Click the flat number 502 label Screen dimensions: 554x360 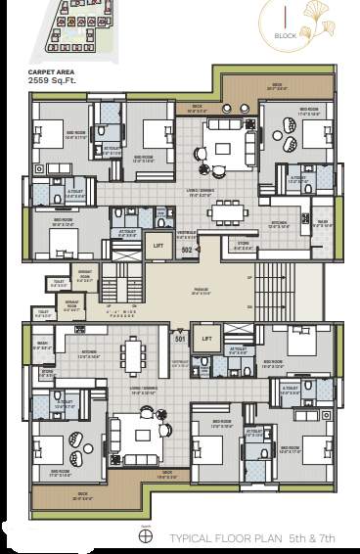(186, 250)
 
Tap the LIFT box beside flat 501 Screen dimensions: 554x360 (206, 340)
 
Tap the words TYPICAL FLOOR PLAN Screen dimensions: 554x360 (224, 539)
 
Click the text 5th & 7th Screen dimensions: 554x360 (310, 539)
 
